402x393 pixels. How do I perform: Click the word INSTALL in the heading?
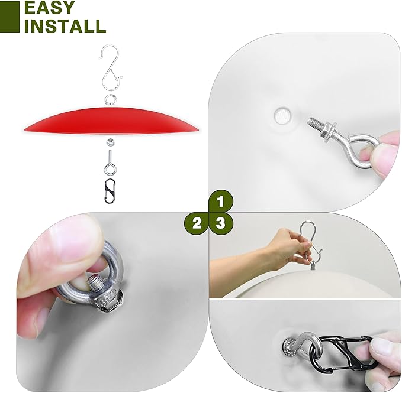pos(65,25)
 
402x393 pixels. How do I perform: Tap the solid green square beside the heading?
pos(9,17)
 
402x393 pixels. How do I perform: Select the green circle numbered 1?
pos(220,202)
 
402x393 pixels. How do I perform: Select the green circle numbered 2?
pos(197,224)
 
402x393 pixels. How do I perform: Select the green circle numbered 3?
pos(220,224)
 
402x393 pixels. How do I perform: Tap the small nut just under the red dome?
pos(111,142)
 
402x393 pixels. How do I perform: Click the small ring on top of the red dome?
pos(111,99)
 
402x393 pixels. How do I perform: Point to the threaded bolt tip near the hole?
pos(316,122)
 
